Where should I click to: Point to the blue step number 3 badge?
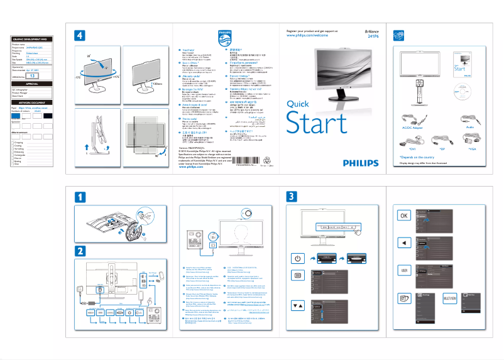click(x=291, y=196)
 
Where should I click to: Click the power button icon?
click(x=297, y=258)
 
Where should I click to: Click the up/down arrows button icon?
click(x=297, y=306)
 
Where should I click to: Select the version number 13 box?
click(x=35, y=75)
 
